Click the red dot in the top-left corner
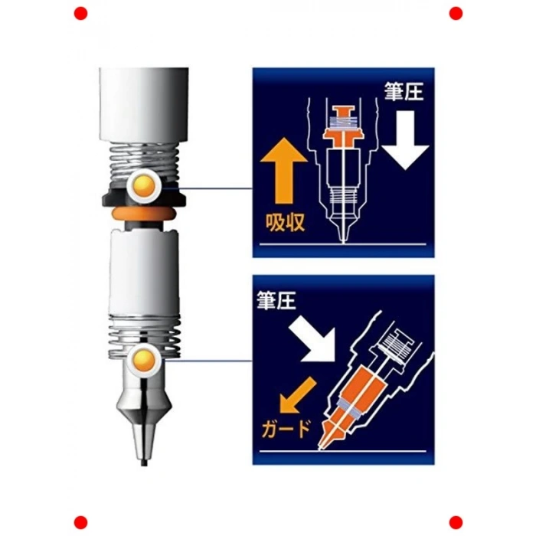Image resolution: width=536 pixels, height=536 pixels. pos(80,13)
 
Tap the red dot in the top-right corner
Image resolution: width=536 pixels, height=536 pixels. pos(456,13)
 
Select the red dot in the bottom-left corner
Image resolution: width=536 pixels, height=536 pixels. pos(80,523)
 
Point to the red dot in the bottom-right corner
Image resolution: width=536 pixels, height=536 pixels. pos(456,523)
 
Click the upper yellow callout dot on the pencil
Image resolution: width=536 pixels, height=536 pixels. pos(144,186)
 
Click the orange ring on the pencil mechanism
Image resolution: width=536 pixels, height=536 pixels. pos(144,214)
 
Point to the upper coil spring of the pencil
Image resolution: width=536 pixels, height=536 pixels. pos(144,161)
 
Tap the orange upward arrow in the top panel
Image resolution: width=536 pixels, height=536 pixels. pos(284,171)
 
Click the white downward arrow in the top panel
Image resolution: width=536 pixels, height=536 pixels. pos(405,140)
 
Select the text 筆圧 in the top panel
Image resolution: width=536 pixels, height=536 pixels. pos(404,92)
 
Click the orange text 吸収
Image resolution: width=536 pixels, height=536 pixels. pos(285,223)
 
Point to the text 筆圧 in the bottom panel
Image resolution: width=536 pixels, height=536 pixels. pos(276,301)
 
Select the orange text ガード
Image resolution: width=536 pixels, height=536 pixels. pos(286,429)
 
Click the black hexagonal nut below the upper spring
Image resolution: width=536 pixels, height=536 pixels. pos(144,198)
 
